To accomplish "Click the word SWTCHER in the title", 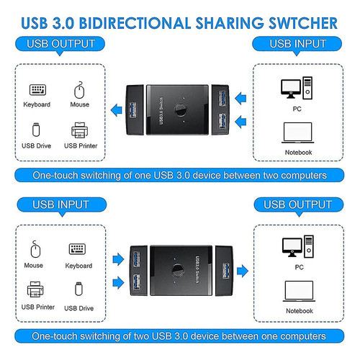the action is click(303, 23).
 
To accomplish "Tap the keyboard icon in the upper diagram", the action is click(37, 90).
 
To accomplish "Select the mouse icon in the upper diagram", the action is click(79, 90).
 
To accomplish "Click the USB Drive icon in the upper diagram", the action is click(36, 130).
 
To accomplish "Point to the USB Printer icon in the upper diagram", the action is click(79, 130).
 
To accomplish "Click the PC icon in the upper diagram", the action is click(297, 88).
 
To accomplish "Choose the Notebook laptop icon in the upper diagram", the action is click(297, 132).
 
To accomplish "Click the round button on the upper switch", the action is click(180, 109).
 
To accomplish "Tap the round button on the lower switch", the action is click(178, 270).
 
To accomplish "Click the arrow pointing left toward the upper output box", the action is click(117, 110).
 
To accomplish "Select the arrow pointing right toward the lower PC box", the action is click(243, 271).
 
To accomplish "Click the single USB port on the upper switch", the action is click(132, 110).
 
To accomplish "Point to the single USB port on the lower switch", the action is click(226, 271).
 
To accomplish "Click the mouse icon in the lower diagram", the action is click(35, 249).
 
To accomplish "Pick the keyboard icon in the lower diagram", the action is click(77, 249).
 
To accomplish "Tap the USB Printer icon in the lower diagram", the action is click(35, 289).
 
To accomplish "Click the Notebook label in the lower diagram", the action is click(300, 311).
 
